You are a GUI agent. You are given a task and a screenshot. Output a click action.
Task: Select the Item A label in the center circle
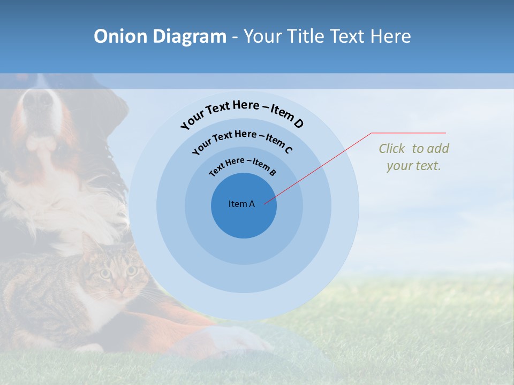click(x=241, y=204)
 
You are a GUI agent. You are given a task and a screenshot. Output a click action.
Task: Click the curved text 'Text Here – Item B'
click(x=242, y=166)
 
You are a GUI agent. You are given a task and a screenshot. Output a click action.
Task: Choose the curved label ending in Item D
click(x=242, y=114)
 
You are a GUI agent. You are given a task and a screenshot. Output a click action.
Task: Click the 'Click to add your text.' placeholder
click(x=414, y=157)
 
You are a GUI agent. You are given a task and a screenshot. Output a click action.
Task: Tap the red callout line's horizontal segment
click(x=409, y=133)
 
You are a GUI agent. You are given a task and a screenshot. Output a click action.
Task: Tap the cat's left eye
click(x=105, y=274)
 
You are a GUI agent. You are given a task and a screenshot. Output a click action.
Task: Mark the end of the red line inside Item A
click(x=264, y=204)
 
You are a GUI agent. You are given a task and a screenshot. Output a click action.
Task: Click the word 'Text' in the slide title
click(x=349, y=36)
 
